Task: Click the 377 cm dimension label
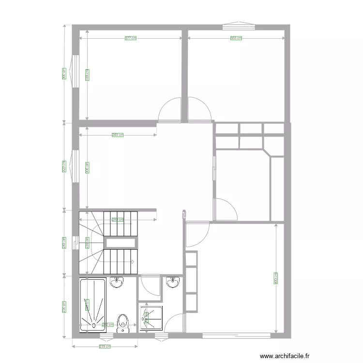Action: (130, 38)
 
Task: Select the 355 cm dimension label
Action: (236, 38)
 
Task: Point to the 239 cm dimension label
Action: (105, 347)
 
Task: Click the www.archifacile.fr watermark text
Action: (284, 355)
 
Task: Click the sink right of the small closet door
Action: (173, 282)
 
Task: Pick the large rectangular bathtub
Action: (92, 305)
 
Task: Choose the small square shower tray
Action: (151, 318)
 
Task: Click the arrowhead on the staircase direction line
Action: (132, 262)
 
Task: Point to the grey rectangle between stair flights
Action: (120, 243)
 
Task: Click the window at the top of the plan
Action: (237, 25)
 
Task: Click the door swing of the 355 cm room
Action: (198, 109)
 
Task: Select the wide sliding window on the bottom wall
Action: (236, 335)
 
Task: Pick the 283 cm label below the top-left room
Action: (117, 135)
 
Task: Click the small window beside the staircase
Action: (75, 242)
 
